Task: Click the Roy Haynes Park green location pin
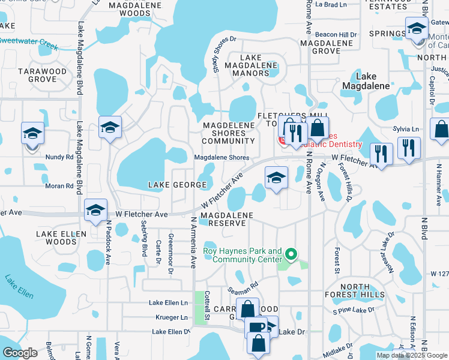coord(292,254)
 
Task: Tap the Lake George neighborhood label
coord(178,185)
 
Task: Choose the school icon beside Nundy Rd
coord(32,134)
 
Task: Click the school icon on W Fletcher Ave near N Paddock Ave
coord(95,210)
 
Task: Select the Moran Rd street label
coord(59,186)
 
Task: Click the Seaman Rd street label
coord(246,287)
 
